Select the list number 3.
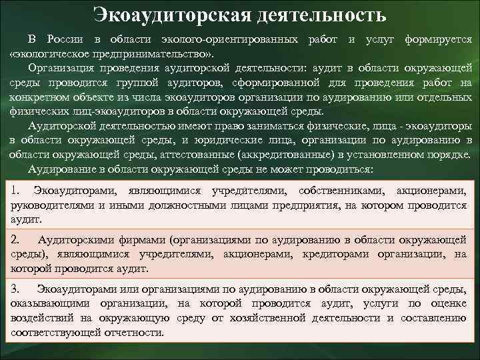pyautogui.click(x=17, y=288)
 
